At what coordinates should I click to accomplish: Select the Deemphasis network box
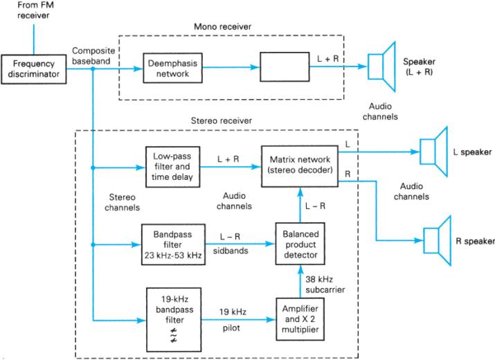(x=171, y=67)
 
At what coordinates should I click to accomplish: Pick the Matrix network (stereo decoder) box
(x=299, y=167)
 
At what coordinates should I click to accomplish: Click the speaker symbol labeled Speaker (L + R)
(x=380, y=68)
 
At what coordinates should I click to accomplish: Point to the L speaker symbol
(x=432, y=150)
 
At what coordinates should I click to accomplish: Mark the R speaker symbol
(x=437, y=241)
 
